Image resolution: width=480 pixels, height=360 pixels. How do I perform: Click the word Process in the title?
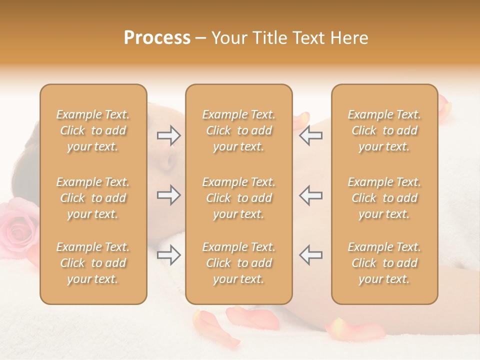coord(157,38)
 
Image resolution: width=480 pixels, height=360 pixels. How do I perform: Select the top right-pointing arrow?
coord(168,135)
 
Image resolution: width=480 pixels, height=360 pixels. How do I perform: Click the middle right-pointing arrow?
coord(168,195)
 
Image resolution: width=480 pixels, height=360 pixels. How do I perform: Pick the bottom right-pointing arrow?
coord(168,255)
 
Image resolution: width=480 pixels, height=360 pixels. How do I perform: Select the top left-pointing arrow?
coord(310,135)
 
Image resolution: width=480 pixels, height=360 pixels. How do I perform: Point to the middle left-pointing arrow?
coord(310,195)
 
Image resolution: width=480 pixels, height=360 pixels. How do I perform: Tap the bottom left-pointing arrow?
coord(310,255)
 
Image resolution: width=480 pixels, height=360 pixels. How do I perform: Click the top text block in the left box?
coord(93,130)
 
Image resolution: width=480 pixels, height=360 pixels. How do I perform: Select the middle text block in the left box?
coord(93,198)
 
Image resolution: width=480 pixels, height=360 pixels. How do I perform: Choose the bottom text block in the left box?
coord(93,263)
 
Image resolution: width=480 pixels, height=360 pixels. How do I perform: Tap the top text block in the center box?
coord(238,130)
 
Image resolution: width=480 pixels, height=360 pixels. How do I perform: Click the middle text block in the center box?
coord(238,198)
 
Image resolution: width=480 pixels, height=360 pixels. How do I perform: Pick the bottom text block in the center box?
coord(238,263)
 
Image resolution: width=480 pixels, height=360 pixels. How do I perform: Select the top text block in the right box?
coord(384,130)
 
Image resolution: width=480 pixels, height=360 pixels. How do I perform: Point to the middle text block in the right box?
coord(384,198)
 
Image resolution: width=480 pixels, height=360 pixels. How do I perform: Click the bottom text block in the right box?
coord(384,263)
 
